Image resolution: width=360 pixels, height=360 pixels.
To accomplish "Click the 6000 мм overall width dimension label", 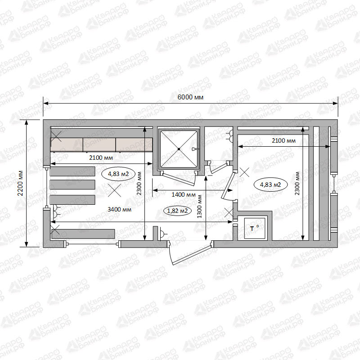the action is (190, 97).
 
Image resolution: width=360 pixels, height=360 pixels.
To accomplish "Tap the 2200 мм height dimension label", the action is (21, 183).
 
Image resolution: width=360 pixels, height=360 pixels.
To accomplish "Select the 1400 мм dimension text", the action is (184, 195).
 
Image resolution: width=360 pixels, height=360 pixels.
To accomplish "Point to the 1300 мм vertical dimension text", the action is (199, 207).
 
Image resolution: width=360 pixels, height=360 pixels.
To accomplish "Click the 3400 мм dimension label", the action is (119, 209).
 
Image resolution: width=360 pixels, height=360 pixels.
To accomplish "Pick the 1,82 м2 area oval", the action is (177, 211).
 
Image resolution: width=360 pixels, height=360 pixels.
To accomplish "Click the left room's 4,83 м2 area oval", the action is (118, 174).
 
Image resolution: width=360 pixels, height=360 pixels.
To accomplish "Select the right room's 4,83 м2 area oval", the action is (270, 184).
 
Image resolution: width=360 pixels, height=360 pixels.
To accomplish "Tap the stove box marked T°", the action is (254, 229).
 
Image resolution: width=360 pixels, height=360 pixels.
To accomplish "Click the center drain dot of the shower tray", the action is (179, 149).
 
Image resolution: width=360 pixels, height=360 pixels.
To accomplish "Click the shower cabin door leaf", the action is (178, 179).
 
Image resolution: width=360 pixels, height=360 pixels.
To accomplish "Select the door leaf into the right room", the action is (228, 185).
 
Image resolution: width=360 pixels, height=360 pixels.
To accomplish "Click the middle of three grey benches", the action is (72, 184).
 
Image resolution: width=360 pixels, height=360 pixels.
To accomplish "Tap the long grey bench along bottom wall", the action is (83, 234).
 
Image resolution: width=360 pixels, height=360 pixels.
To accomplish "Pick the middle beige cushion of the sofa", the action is (99, 144).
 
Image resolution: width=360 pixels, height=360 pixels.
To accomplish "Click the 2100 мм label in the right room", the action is (283, 140).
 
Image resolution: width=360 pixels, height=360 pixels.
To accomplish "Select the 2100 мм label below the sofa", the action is (101, 158).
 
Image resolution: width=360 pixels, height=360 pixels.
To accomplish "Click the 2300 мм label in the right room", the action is (297, 184).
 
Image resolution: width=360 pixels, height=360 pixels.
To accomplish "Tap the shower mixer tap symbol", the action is (194, 149).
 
